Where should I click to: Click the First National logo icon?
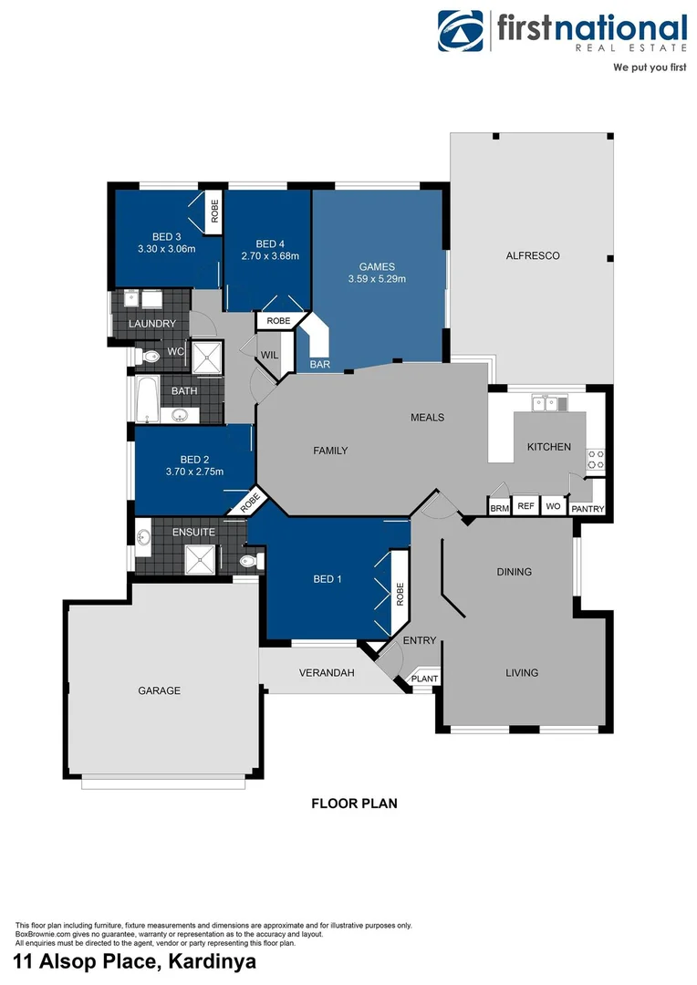point(462,32)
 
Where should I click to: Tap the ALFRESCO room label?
point(533,255)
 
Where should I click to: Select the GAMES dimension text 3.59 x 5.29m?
point(377,279)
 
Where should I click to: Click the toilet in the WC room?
point(146,355)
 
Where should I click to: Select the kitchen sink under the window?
point(551,402)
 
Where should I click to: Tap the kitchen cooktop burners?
point(596,460)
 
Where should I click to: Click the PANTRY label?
point(587,509)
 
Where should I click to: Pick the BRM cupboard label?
point(499,508)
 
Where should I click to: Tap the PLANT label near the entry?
point(424,679)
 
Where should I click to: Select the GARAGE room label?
point(160,690)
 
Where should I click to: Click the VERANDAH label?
point(327,673)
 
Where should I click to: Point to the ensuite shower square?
point(199,559)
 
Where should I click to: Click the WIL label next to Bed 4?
point(269,356)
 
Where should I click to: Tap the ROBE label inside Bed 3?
point(214,213)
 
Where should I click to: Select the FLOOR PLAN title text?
point(354,804)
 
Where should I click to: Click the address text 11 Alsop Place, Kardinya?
point(134,961)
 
